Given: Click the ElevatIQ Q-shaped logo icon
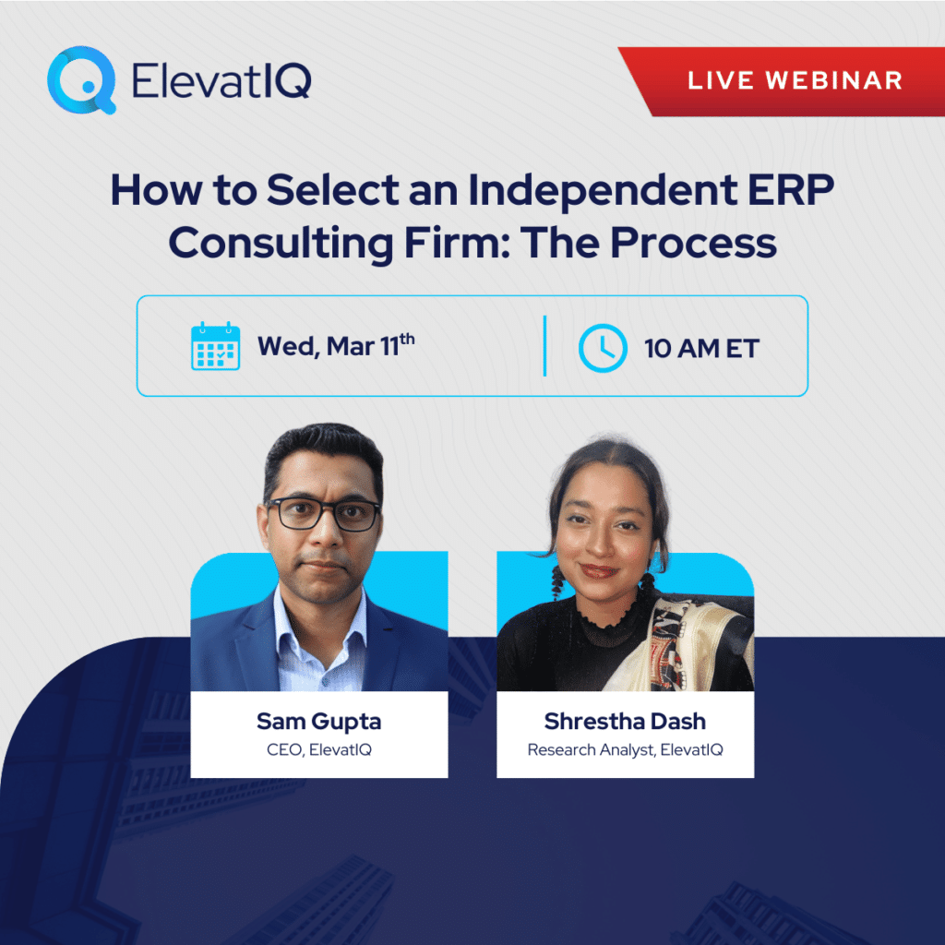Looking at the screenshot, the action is pyautogui.click(x=82, y=79).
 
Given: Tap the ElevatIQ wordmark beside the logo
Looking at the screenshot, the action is pyautogui.click(x=221, y=80).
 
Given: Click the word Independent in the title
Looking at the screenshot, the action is pyautogui.click(x=602, y=190).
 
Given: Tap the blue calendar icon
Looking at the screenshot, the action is pyautogui.click(x=216, y=346).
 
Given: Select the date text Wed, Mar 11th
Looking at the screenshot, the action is pyautogui.click(x=336, y=345).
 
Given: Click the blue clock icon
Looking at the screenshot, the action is pyautogui.click(x=603, y=348).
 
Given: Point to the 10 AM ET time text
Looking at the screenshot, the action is pyautogui.click(x=701, y=348).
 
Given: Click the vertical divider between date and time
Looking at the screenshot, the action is pyautogui.click(x=544, y=346).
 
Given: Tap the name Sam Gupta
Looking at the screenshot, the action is pyautogui.click(x=318, y=722).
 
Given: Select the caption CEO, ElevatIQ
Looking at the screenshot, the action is pyautogui.click(x=318, y=749).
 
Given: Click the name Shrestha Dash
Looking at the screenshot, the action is pyautogui.click(x=625, y=721).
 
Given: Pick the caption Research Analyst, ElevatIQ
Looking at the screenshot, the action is pyautogui.click(x=625, y=749).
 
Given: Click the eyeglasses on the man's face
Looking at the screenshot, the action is pyautogui.click(x=324, y=514).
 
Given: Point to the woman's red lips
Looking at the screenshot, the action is pyautogui.click(x=598, y=570).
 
